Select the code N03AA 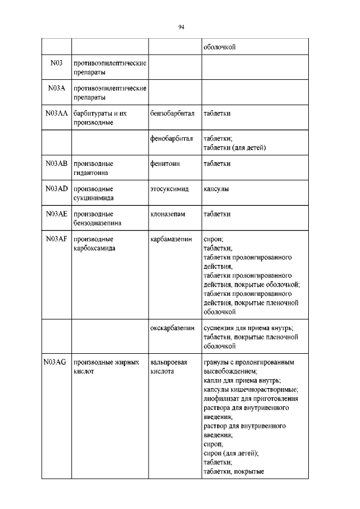pyautogui.click(x=56, y=113)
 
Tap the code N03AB pyautogui.click(x=56, y=164)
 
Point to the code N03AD pyautogui.click(x=56, y=189)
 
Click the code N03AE pyautogui.click(x=56, y=214)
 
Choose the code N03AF pyautogui.click(x=56, y=239)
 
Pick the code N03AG pyautogui.click(x=55, y=363)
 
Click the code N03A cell pyautogui.click(x=56, y=88)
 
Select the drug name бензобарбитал pyautogui.click(x=172, y=114)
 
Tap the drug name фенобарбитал pyautogui.click(x=172, y=138)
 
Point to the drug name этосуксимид pyautogui.click(x=169, y=190)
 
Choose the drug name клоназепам pyautogui.click(x=168, y=214)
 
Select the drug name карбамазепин pyautogui.click(x=172, y=240)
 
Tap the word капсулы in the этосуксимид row pyautogui.click(x=216, y=189)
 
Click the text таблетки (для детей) pyautogui.click(x=234, y=147)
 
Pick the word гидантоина pyautogui.click(x=91, y=173)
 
